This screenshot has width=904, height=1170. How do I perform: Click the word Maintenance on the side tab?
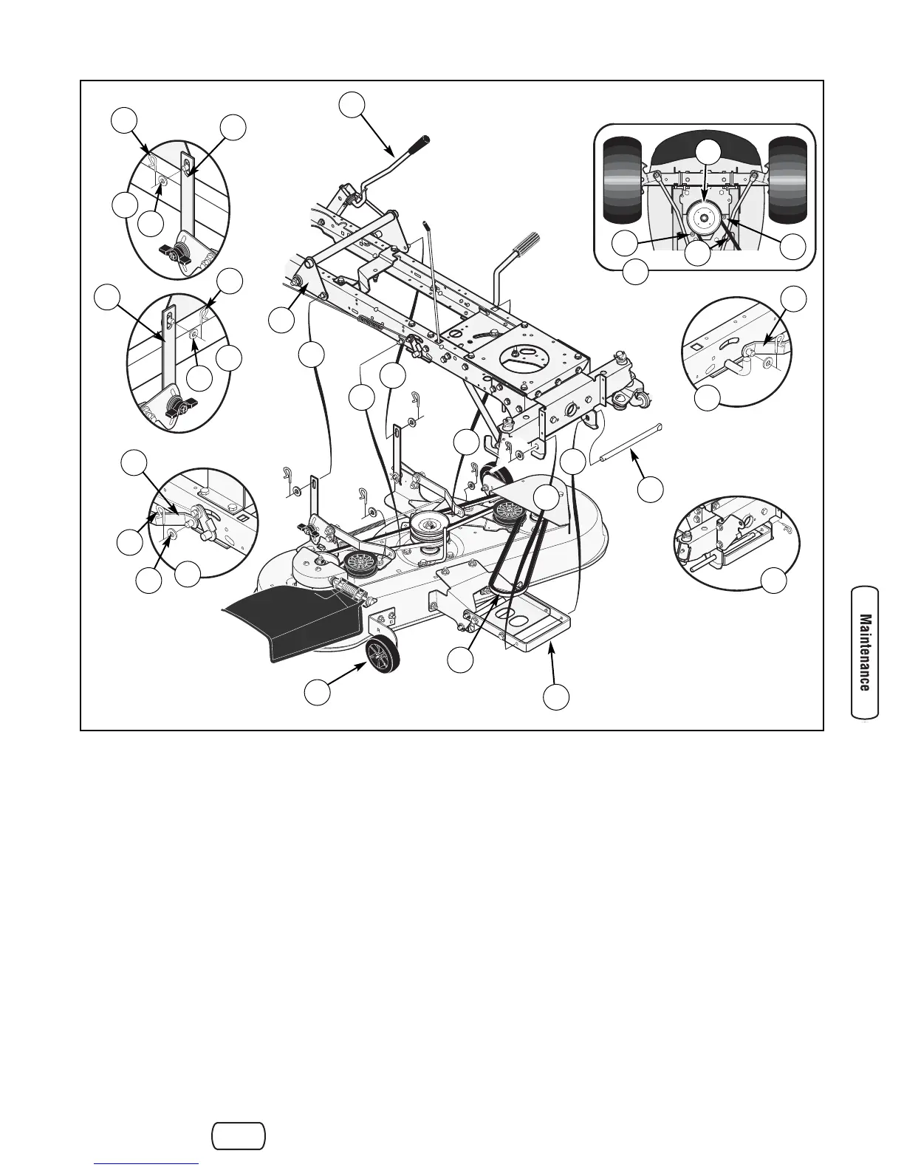coord(865,652)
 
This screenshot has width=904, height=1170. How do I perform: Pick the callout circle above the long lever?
coord(352,104)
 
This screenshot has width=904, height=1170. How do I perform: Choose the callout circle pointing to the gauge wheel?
coord(318,693)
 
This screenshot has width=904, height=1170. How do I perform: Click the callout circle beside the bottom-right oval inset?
coord(774,581)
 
